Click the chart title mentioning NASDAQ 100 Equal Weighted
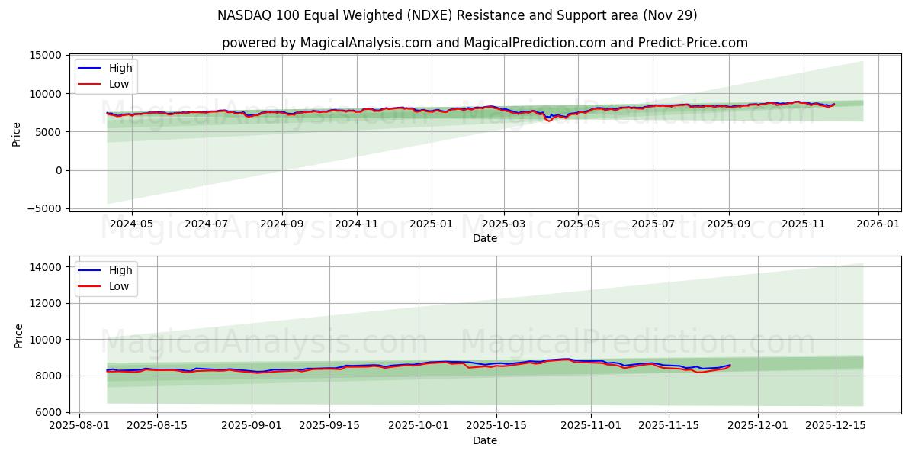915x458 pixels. [457, 15]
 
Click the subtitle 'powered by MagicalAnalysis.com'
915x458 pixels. [484, 43]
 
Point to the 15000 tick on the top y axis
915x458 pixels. [45, 55]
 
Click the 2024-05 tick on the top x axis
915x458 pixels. [132, 224]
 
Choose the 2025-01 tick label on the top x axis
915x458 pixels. [431, 224]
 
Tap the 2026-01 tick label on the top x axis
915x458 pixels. [878, 224]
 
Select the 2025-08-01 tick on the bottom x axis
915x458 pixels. [79, 426]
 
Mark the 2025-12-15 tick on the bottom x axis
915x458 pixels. [835, 426]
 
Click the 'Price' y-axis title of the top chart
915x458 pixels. [17, 133]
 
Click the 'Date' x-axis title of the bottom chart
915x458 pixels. [484, 440]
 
